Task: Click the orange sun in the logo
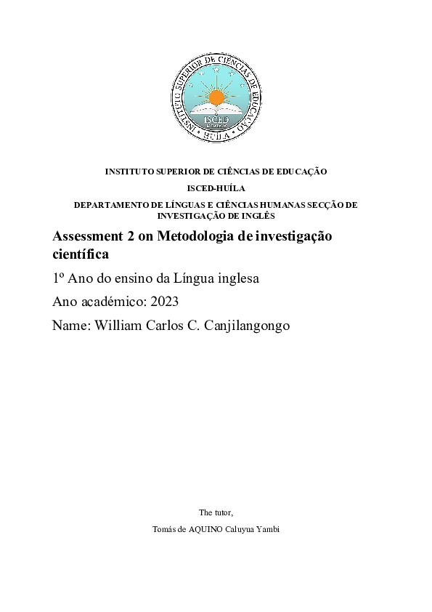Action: click(216, 97)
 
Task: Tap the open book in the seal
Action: click(216, 111)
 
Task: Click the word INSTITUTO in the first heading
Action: click(131, 172)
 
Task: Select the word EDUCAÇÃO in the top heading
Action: click(301, 172)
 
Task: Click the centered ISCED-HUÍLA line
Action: click(216, 188)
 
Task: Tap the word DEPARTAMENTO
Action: click(111, 205)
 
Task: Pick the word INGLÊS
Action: click(261, 216)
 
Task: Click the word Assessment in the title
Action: click(83, 237)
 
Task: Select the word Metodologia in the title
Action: click(191, 237)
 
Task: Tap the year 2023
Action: click(164, 302)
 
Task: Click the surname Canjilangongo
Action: click(242, 326)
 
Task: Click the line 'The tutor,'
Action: click(216, 512)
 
